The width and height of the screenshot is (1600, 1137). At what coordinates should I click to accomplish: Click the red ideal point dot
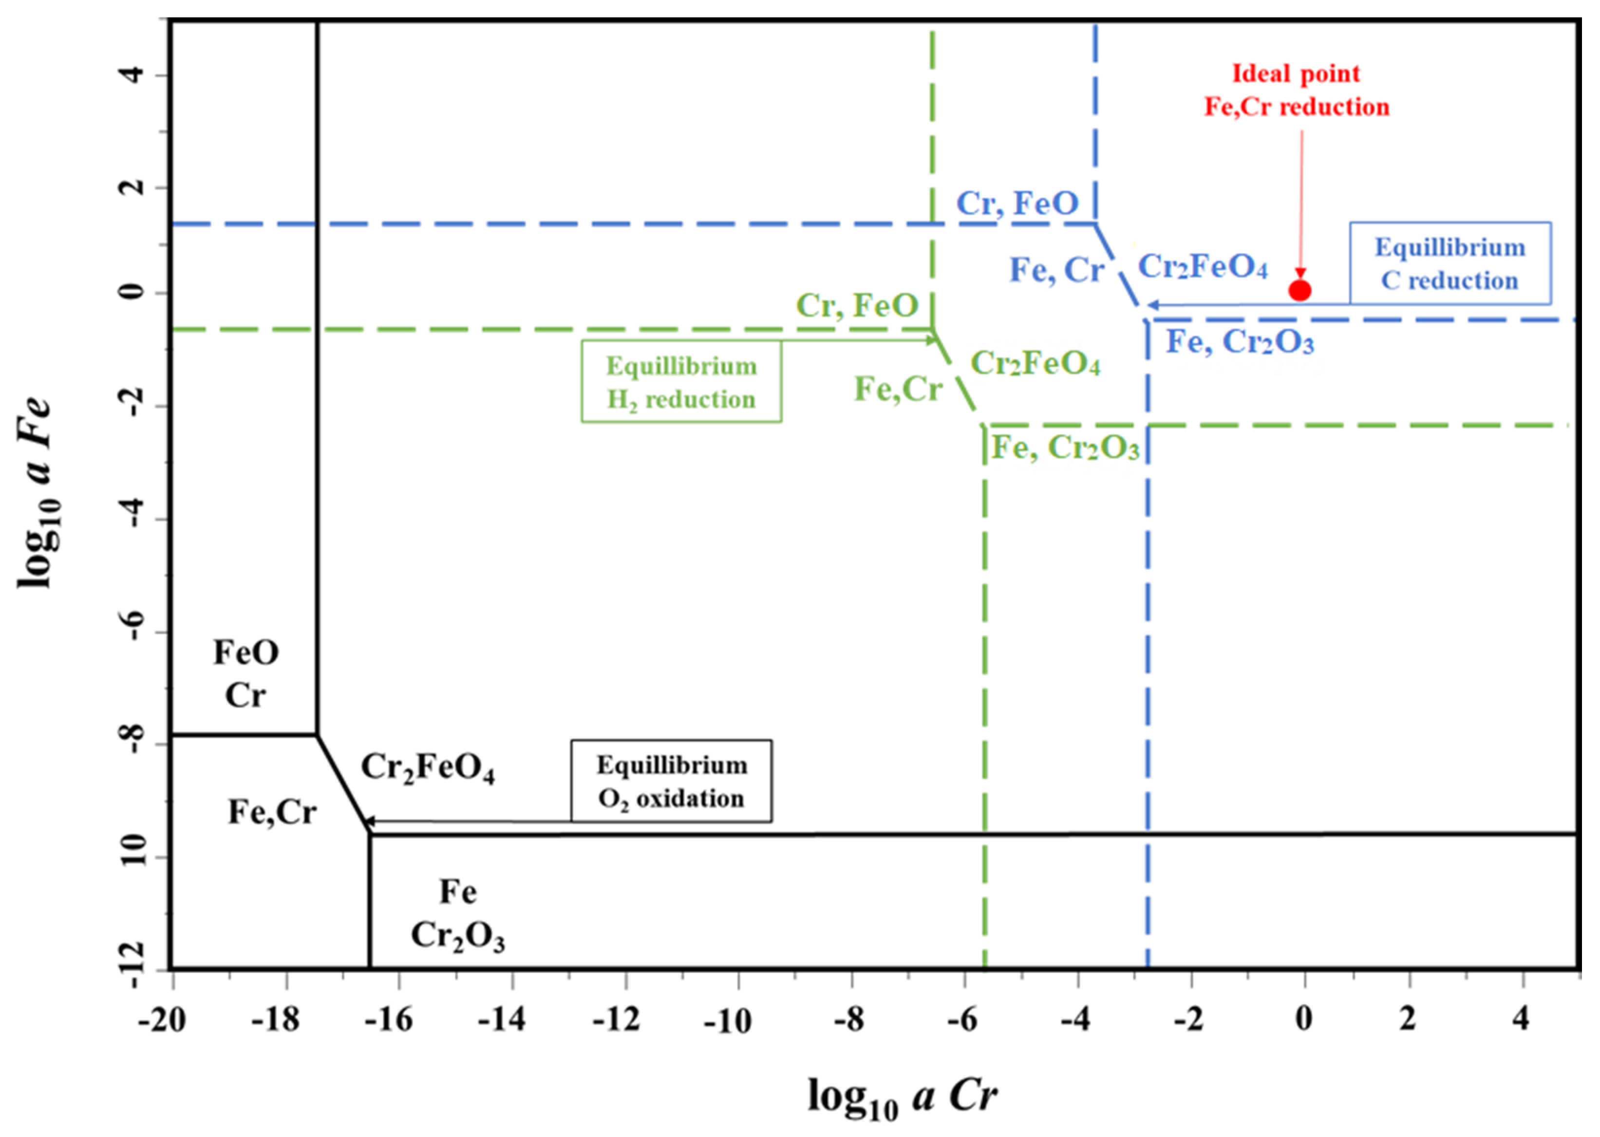point(1299,290)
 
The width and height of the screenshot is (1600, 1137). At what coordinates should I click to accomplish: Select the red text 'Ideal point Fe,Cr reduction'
point(1296,90)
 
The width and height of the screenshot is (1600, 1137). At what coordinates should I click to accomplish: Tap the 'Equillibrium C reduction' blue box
point(1449,263)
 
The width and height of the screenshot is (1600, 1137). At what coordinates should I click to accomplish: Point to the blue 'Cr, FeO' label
point(1017,204)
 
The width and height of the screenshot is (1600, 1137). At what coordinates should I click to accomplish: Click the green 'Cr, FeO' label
point(857,305)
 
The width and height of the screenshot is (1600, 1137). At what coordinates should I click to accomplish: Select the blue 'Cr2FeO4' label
point(1202,267)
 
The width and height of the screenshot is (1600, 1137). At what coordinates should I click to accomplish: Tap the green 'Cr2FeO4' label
point(1035,363)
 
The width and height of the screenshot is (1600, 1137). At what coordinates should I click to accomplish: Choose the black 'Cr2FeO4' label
point(427,768)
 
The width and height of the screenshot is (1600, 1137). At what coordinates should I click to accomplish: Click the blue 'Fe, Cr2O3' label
point(1240,342)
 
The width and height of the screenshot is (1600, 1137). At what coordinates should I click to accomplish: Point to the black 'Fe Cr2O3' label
point(458,913)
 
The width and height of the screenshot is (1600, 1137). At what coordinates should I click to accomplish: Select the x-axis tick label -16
point(389,1020)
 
